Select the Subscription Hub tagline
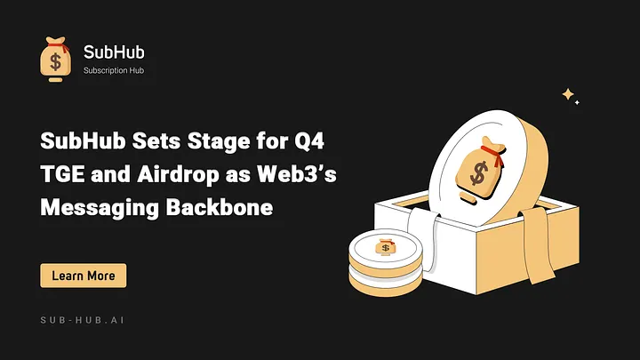click(114, 71)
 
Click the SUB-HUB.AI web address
click(88, 319)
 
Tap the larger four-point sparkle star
click(567, 93)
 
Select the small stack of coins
click(384, 262)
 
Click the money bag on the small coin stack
click(385, 246)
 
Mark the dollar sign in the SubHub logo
click(55, 62)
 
